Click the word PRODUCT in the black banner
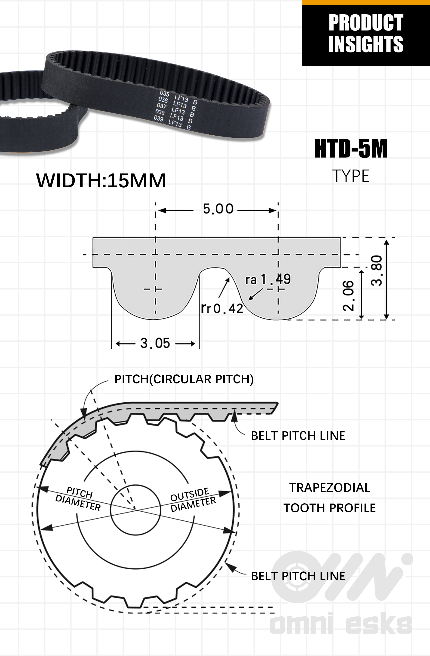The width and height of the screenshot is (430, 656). [x=366, y=23]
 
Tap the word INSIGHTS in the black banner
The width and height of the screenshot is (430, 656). [x=366, y=44]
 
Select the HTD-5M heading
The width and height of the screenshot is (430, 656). [x=351, y=149]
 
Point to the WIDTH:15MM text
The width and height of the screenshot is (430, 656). [x=101, y=181]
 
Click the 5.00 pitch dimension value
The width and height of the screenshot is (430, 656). [x=218, y=209]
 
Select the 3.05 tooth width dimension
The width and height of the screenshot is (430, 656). [x=155, y=343]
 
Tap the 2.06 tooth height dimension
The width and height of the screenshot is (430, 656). [x=348, y=296]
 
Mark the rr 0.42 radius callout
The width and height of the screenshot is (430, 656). [x=222, y=308]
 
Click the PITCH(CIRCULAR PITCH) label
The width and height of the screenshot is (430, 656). [x=184, y=379]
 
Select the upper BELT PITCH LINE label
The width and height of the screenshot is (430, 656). [x=298, y=436]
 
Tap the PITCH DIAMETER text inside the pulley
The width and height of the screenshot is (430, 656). [x=79, y=499]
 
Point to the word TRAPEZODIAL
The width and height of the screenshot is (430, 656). [x=330, y=488]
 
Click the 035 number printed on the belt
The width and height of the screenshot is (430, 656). [x=165, y=94]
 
